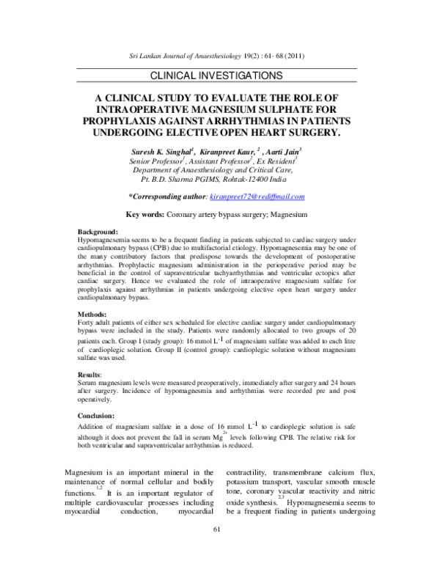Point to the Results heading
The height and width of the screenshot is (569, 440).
pyautogui.click(x=92, y=374)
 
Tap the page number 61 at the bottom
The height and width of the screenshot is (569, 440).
pyautogui.click(x=216, y=551)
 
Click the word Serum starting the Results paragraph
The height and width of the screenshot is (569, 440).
pyautogui.click(x=87, y=383)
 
